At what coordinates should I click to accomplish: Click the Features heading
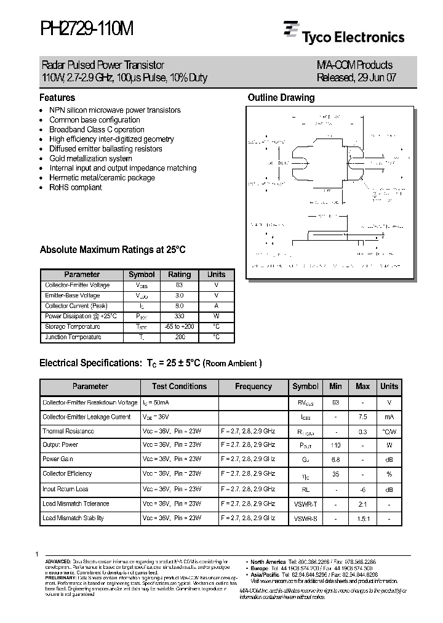pyautogui.click(x=57, y=97)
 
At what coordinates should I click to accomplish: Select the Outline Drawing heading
pyautogui.click(x=281, y=97)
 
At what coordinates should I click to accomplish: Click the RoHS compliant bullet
pyautogui.click(x=75, y=187)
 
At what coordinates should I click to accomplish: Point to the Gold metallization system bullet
pyautogui.click(x=90, y=158)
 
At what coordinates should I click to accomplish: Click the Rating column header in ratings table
pyautogui.click(x=179, y=275)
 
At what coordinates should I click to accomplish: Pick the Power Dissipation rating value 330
pyautogui.click(x=179, y=316)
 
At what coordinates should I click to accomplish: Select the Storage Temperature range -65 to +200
pyautogui.click(x=179, y=327)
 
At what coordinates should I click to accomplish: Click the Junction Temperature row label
pyautogui.click(x=73, y=337)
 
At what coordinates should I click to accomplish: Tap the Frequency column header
pyautogui.click(x=253, y=387)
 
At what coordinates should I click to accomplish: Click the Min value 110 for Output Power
pyautogui.click(x=335, y=444)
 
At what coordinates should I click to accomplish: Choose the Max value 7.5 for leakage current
pyautogui.click(x=362, y=417)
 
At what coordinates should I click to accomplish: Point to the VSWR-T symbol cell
pyautogui.click(x=305, y=504)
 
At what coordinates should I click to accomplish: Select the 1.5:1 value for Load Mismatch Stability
pyautogui.click(x=362, y=518)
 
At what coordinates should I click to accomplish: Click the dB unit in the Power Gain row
pyautogui.click(x=389, y=459)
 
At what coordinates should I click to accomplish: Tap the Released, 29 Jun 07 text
pyautogui.click(x=354, y=78)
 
